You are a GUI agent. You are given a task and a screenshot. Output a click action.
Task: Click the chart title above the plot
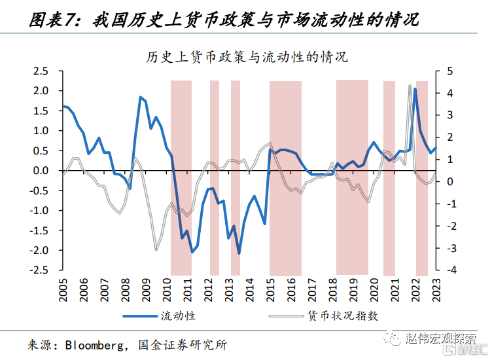(x=247, y=57)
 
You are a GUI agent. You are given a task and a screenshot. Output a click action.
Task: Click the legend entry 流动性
(x=178, y=315)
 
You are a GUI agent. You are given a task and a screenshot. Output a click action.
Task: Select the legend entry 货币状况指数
(x=343, y=315)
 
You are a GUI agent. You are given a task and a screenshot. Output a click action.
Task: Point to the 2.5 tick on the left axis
(x=41, y=71)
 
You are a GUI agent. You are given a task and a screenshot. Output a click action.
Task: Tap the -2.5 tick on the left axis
(x=39, y=270)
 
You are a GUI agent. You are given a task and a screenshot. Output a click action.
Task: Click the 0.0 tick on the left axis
(x=41, y=171)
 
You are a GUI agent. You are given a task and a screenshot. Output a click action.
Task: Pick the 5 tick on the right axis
(x=450, y=71)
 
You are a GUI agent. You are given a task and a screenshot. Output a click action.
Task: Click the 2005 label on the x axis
(x=63, y=290)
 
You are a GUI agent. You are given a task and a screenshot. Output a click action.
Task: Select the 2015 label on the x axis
(x=270, y=290)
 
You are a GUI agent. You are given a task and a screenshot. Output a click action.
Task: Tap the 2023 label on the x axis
(x=436, y=290)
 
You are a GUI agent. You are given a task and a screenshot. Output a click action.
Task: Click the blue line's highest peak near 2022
(x=415, y=89)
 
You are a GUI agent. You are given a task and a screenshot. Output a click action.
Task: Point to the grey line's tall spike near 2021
(x=410, y=86)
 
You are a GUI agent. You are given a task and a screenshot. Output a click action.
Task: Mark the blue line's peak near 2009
(x=140, y=98)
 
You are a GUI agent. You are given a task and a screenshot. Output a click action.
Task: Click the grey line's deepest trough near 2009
(x=156, y=250)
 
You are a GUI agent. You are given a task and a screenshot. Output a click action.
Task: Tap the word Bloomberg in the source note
(x=94, y=345)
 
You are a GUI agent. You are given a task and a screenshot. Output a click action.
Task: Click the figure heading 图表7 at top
(x=52, y=20)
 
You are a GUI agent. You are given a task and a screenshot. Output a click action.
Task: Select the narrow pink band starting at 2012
(x=215, y=178)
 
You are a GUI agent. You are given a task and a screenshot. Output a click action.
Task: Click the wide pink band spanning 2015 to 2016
(x=285, y=178)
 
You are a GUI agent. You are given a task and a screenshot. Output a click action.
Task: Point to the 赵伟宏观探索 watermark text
(x=440, y=338)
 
